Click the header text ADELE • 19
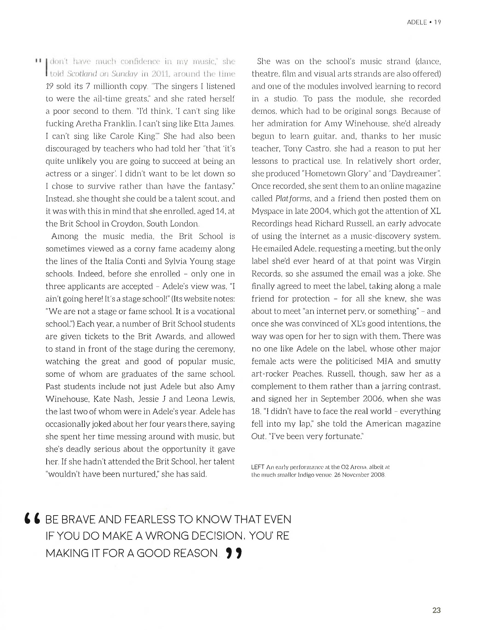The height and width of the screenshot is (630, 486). [423, 22]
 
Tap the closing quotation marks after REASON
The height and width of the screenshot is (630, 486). [234, 553]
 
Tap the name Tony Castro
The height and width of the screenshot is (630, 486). [306, 149]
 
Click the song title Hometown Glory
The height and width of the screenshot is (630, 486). [336, 174]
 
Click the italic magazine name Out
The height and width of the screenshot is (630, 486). [258, 436]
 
